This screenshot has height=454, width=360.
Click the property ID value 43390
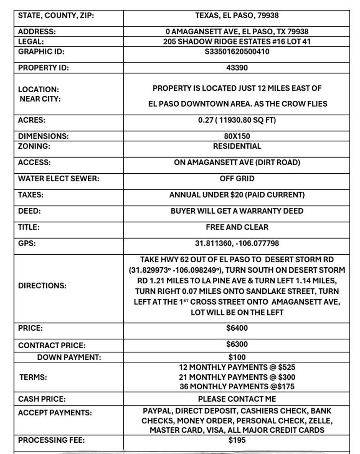point(237,68)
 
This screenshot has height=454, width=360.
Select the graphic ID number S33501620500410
point(237,51)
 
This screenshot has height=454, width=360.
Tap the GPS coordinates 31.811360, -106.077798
point(237,243)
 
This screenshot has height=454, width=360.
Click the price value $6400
point(237,328)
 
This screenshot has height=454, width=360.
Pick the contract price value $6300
point(237,345)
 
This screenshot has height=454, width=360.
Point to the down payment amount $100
point(237,357)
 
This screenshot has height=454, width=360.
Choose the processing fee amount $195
point(237,440)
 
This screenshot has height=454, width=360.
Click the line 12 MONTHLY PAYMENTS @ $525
point(237,367)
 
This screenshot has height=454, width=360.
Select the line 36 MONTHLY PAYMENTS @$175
point(237,387)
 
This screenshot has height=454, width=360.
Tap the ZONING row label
point(34,146)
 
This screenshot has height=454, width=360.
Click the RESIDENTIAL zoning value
point(237,146)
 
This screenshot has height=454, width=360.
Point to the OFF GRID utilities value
point(237,179)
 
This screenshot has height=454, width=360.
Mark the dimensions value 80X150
point(237,136)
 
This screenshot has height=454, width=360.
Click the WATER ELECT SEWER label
point(58,179)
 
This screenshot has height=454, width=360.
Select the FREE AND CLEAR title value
point(237,227)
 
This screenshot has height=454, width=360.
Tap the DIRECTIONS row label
point(42,286)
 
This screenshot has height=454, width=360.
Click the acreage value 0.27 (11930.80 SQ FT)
point(237,120)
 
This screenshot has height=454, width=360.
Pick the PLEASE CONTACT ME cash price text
point(237,399)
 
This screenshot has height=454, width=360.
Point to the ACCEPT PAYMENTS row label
point(55,413)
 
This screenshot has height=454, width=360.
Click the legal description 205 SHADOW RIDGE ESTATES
point(237,41)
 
